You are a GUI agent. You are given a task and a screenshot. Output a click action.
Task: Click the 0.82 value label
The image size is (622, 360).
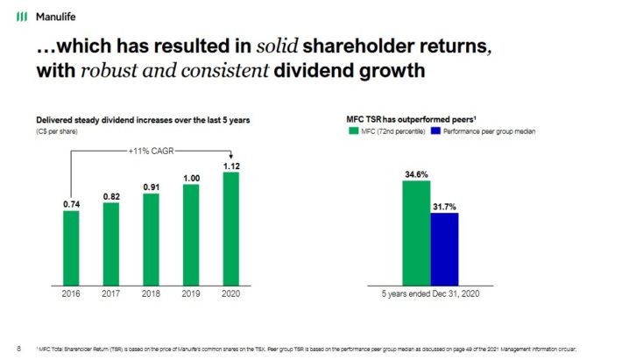click(110, 195)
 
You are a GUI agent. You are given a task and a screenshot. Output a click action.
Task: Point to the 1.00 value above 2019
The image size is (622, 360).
click(191, 178)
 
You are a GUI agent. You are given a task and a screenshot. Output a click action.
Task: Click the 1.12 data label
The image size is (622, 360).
click(231, 166)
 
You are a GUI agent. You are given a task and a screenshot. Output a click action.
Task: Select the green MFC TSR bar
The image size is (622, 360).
click(416, 232)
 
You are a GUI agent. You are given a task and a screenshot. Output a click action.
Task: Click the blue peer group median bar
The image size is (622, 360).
click(444, 248)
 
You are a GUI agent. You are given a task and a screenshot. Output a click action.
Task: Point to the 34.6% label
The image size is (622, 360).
click(416, 174)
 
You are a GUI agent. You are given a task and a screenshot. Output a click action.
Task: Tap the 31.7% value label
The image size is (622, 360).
click(444, 207)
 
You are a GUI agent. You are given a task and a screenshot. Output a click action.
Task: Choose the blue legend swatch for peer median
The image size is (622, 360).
click(436, 131)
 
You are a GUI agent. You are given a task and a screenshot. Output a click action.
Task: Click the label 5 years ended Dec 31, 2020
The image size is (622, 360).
click(430, 293)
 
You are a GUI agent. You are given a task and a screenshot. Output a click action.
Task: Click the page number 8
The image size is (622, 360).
click(18, 347)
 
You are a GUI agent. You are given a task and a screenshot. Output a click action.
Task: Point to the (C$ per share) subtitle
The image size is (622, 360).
click(57, 131)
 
